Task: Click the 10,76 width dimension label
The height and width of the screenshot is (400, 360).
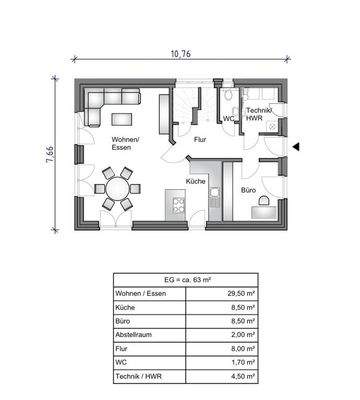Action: [x=181, y=54]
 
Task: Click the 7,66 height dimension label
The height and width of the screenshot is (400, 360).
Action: [x=51, y=154]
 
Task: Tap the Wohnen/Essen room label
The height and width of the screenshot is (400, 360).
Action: [x=124, y=143]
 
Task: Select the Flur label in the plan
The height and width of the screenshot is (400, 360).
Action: [x=200, y=140]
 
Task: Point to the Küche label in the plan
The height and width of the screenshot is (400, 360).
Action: [x=195, y=182]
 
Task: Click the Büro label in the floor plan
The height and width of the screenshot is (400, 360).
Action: [x=248, y=190]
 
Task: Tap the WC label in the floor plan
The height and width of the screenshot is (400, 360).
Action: [x=229, y=118]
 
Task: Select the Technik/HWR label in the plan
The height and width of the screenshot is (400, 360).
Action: [x=259, y=114]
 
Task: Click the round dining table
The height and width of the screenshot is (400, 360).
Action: [x=117, y=188]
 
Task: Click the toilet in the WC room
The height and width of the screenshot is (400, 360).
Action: [x=228, y=95]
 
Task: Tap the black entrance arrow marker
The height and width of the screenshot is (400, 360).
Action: [x=296, y=147]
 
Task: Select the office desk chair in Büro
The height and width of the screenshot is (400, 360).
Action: [x=263, y=200]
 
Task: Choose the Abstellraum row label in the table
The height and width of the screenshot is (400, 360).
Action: [x=133, y=335]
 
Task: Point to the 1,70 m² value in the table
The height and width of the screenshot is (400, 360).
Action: [x=243, y=362]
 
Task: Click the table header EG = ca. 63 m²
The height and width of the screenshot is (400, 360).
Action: [x=187, y=280]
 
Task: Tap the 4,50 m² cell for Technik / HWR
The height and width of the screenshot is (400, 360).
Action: [x=243, y=376]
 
